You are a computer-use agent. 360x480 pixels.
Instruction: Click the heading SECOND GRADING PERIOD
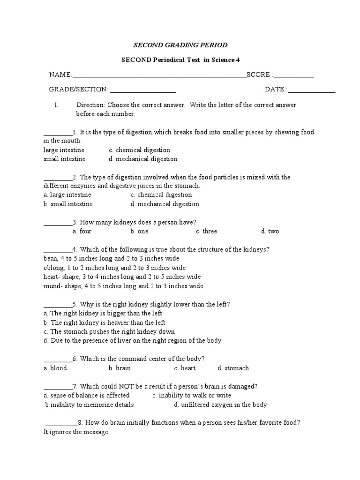click(x=180, y=45)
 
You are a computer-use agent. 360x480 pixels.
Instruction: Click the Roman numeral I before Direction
click(x=56, y=105)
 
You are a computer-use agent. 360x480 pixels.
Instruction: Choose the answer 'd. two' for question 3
click(x=270, y=231)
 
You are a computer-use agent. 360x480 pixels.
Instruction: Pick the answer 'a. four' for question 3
click(x=82, y=231)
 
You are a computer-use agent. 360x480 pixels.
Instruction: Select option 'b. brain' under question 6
click(x=120, y=368)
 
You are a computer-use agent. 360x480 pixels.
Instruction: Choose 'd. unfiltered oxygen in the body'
click(x=220, y=405)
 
